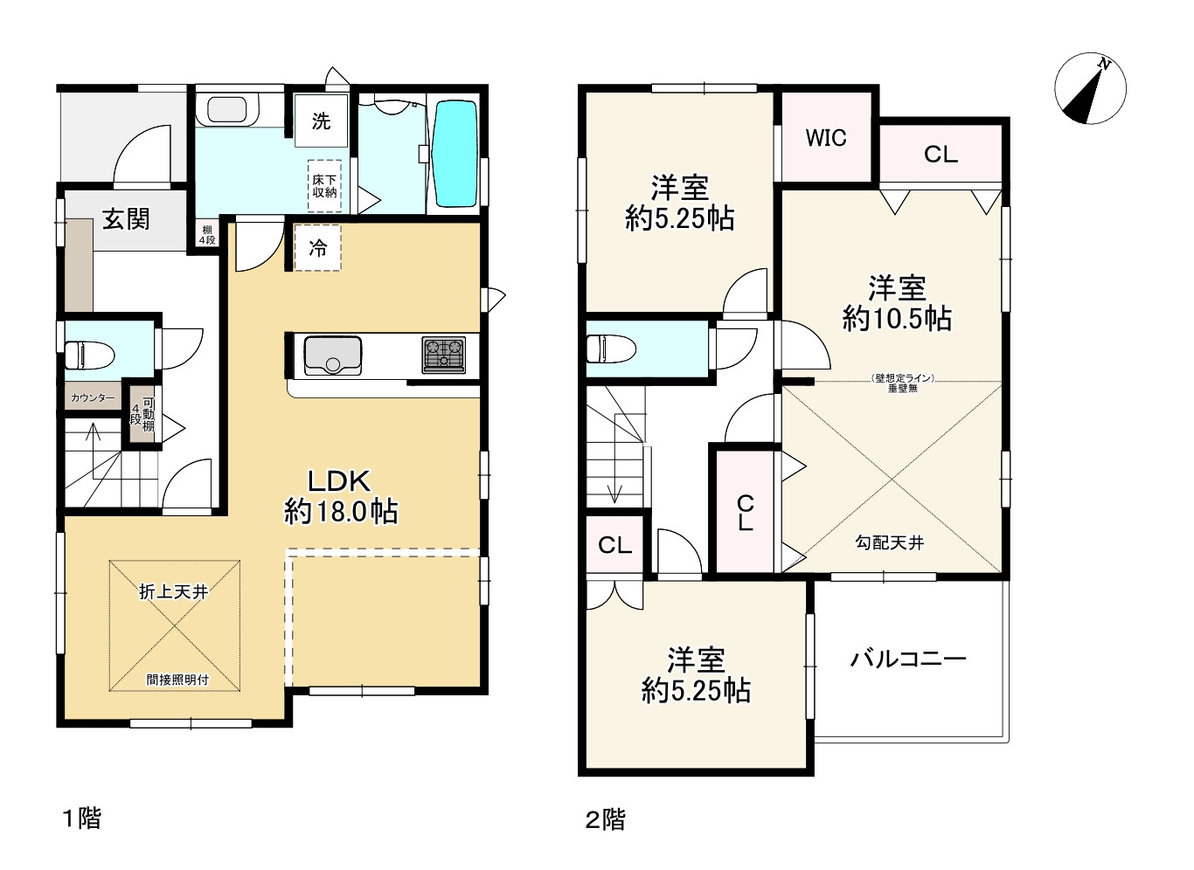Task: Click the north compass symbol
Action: [1090, 89]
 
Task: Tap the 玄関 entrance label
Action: [126, 219]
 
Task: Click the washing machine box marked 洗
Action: [321, 121]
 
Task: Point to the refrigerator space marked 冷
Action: [317, 248]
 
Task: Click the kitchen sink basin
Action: [332, 355]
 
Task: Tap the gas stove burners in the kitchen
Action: [444, 355]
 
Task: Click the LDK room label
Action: [340, 480]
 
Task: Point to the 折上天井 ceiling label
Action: [174, 592]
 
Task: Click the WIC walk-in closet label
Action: [826, 138]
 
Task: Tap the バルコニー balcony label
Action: [908, 659]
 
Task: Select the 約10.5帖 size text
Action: [897, 319]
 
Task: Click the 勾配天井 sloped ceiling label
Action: [889, 543]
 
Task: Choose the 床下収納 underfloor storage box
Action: [324, 186]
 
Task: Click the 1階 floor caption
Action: [80, 818]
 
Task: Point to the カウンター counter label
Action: [93, 398]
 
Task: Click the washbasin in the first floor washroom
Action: [226, 110]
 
